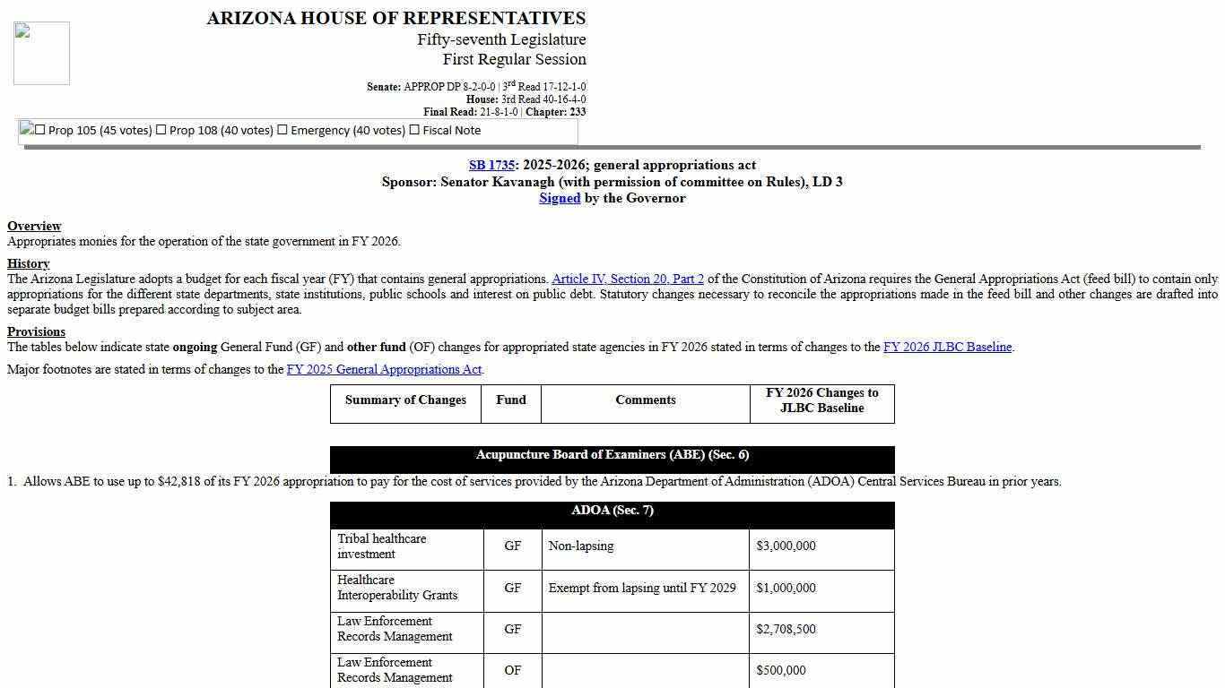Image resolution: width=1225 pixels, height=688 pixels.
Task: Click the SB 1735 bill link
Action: click(491, 165)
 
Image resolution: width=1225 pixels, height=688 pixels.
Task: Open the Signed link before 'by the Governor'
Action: click(559, 198)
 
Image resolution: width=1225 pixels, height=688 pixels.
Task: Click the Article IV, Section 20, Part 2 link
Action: click(628, 279)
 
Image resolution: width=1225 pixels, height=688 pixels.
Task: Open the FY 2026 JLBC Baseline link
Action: click(947, 347)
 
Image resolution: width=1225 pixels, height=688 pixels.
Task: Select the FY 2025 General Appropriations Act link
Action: click(384, 369)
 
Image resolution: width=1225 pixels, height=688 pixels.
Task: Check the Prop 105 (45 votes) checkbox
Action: click(39, 130)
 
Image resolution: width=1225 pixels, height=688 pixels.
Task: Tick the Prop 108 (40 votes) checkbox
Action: click(161, 130)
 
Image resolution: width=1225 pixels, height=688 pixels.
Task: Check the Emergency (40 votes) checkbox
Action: click(282, 130)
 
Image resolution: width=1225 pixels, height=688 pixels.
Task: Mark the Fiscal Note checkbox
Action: click(414, 130)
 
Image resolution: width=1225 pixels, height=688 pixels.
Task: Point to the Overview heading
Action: click(34, 226)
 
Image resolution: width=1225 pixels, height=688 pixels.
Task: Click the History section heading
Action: click(28, 263)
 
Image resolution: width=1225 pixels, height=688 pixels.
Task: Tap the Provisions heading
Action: click(36, 331)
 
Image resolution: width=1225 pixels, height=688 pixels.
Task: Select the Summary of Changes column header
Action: click(405, 400)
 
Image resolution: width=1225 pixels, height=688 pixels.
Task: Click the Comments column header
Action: click(645, 400)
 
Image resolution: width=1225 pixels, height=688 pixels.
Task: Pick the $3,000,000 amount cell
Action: click(786, 546)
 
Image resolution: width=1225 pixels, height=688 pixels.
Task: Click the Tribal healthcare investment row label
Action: click(382, 546)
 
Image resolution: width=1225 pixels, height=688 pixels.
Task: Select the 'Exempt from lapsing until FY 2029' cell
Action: click(641, 588)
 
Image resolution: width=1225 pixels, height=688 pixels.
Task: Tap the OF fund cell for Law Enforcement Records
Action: click(512, 670)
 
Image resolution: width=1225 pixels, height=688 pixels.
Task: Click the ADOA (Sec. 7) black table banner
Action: click(612, 511)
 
